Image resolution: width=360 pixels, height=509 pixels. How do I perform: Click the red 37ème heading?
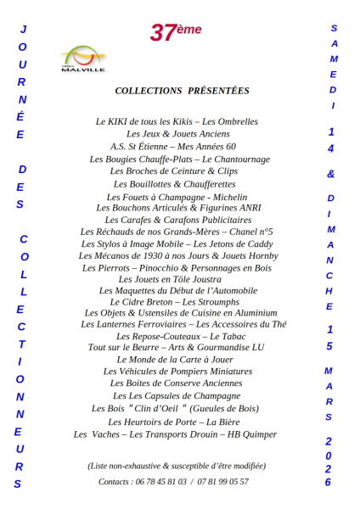[x=177, y=31]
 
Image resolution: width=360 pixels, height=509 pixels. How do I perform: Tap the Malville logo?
[x=83, y=59]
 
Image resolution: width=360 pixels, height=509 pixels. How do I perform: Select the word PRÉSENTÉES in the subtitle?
[x=219, y=91]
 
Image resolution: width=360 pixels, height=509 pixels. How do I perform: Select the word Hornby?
[x=260, y=255]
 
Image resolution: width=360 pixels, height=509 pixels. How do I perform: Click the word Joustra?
[x=208, y=279]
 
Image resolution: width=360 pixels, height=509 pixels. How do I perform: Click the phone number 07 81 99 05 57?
[x=225, y=482]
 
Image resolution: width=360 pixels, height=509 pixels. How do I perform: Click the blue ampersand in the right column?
[x=331, y=174]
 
